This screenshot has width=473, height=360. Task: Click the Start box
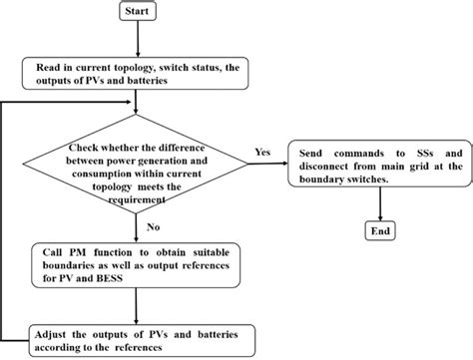(x=138, y=12)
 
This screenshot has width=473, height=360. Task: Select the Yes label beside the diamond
(x=262, y=153)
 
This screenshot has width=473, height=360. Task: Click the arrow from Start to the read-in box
(x=138, y=39)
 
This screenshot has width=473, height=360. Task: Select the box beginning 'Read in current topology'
(x=137, y=73)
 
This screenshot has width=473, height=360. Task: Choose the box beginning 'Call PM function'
(x=137, y=263)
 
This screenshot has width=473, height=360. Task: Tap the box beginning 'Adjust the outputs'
(x=137, y=338)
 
